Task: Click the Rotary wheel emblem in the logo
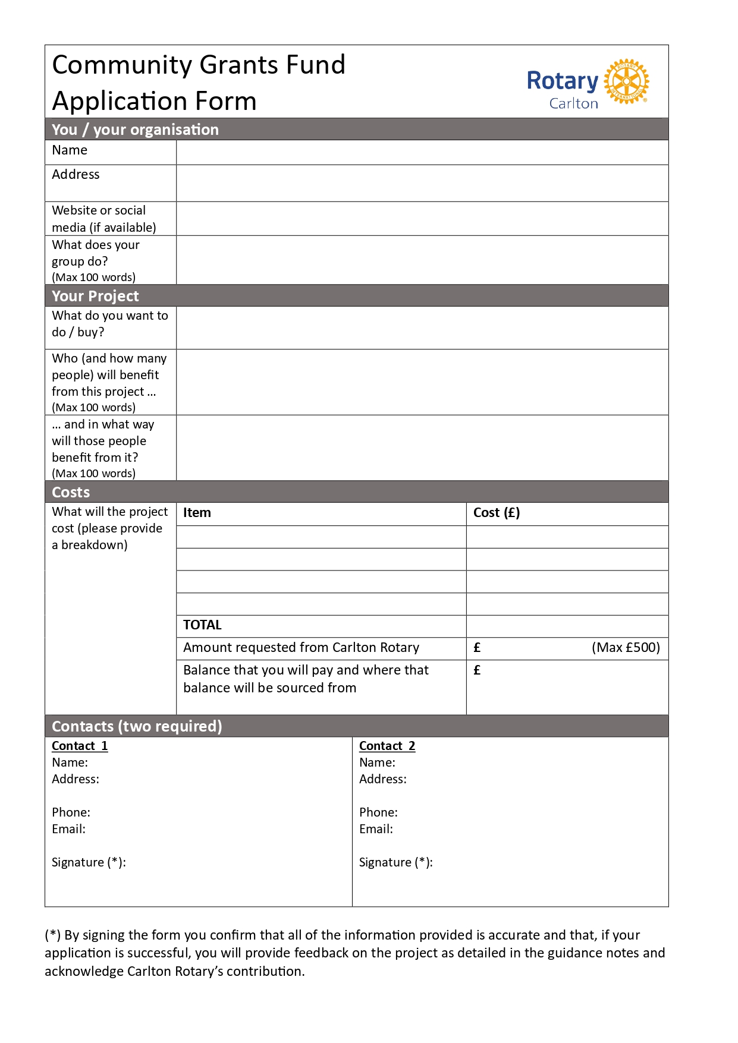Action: [x=626, y=81]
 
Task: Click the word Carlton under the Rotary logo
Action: [x=573, y=103]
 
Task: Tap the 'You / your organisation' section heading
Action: [x=135, y=130]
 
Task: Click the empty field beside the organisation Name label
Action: [x=422, y=153]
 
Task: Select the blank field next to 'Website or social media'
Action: [x=422, y=219]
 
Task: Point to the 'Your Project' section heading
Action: [x=95, y=296]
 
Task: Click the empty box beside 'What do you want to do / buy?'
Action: [x=422, y=328]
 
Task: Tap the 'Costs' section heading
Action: [x=71, y=492]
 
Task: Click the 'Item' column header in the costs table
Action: [x=197, y=513]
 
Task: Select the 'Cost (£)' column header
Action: [x=497, y=513]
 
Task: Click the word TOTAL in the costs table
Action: [x=202, y=625]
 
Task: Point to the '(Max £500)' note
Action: [x=626, y=648]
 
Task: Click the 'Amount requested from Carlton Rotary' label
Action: [x=301, y=648]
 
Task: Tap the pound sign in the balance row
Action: [x=477, y=670]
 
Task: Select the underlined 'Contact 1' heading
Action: [x=80, y=746]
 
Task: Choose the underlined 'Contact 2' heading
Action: [x=387, y=746]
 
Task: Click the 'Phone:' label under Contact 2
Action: [x=378, y=812]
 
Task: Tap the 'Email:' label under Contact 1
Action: [x=68, y=829]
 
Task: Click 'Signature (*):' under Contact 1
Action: [x=89, y=862]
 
